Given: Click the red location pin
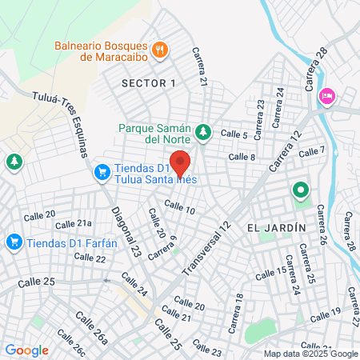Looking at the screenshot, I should pos(180,162).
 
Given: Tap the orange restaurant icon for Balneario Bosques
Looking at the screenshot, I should pos(161,50).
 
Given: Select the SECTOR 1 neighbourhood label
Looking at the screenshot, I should pos(148,83).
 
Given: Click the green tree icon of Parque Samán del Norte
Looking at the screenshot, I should pos(204,130).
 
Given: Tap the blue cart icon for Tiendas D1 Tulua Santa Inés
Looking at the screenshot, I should pos(102,171).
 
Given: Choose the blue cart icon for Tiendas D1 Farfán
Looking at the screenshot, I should pos(14,241).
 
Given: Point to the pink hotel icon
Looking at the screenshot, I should pos(327,95).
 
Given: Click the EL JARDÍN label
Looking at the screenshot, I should pos(277,228).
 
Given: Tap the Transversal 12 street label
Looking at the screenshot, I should pos(206,249).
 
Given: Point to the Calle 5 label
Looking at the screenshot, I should pos(234,134).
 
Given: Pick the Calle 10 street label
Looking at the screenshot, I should pos(179,207).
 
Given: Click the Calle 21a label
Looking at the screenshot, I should pos(74,224).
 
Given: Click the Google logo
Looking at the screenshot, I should pos(27,350).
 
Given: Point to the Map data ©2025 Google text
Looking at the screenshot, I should pos(311,354).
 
